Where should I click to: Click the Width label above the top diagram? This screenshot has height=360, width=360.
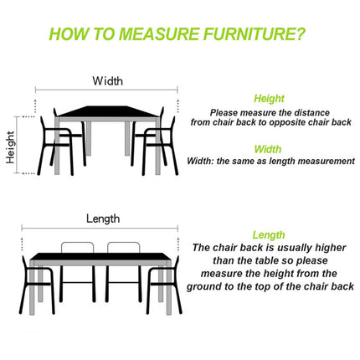pos(107,81)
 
